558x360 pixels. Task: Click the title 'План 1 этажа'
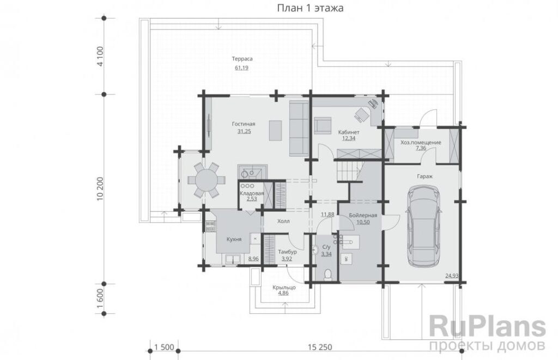[x=310, y=8]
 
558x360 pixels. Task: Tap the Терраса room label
[x=242, y=59]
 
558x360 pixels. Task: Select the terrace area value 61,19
[x=241, y=68]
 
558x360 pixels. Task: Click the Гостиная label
[x=244, y=124]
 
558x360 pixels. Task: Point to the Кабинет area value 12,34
[x=349, y=138]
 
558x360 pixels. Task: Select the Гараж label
[x=425, y=176]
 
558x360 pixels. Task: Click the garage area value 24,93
[x=452, y=276]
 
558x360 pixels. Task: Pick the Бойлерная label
[x=363, y=215]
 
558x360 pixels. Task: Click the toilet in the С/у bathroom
[x=329, y=275]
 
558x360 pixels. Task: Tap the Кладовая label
[x=252, y=193]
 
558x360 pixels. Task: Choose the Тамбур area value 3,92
[x=287, y=259]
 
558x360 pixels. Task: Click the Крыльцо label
[x=284, y=287]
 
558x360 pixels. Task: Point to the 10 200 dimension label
[x=100, y=189]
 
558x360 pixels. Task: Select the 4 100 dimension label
[x=100, y=56]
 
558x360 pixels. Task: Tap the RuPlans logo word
[x=488, y=326]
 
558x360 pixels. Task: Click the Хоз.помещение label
[x=421, y=142]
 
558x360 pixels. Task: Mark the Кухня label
[x=234, y=240]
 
